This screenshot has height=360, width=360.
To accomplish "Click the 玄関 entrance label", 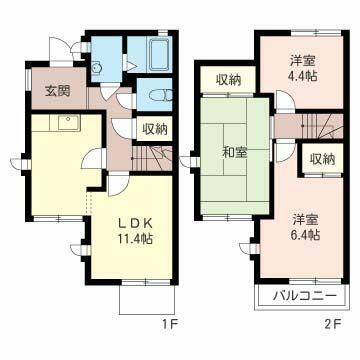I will (56, 92).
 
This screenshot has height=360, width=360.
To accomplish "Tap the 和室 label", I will (234, 154).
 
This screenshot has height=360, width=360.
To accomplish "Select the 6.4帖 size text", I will (304, 234).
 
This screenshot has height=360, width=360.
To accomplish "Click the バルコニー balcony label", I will (299, 295).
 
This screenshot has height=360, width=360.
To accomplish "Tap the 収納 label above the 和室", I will (227, 78).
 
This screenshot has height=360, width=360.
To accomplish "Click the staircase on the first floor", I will (151, 157).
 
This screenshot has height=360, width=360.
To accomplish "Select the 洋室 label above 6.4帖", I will (304, 218).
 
